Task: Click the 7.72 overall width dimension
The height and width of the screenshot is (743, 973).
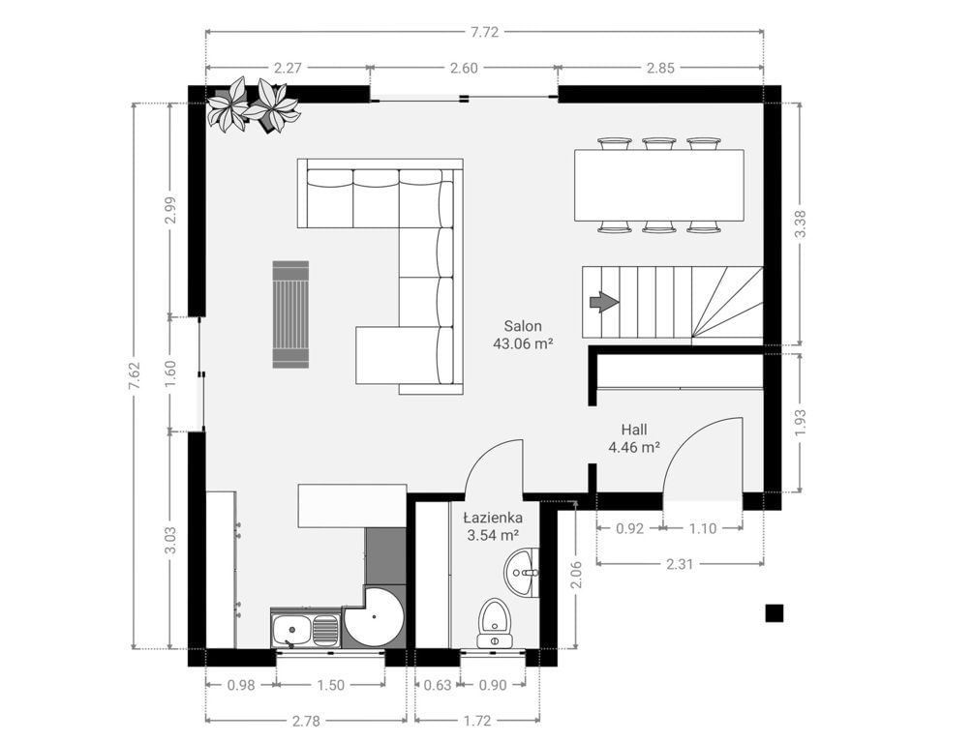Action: [x=485, y=32]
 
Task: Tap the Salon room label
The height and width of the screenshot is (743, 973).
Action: [x=523, y=326]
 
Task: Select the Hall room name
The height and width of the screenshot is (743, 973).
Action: [x=634, y=430]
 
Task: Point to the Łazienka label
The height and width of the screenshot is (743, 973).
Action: [x=494, y=518]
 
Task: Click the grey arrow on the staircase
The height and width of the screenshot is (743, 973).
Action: [x=604, y=303]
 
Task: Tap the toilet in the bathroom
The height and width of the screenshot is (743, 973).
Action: [x=494, y=623]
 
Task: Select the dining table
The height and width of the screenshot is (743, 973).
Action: [x=658, y=186]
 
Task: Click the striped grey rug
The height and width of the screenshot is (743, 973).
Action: [x=291, y=314]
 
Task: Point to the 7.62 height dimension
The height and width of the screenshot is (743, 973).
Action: [x=135, y=375]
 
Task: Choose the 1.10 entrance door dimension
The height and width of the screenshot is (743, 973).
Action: [x=703, y=528]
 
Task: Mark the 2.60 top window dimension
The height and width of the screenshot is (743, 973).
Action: [x=464, y=68]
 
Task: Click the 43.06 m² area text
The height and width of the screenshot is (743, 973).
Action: [x=523, y=343]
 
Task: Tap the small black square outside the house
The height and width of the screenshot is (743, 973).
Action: [x=774, y=612]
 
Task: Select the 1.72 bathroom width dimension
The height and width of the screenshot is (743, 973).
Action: [x=477, y=721]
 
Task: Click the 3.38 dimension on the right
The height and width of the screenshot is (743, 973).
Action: [x=800, y=223]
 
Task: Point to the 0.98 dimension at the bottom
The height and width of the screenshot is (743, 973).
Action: [x=241, y=685]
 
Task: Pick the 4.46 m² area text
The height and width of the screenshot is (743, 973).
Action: [x=634, y=447]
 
